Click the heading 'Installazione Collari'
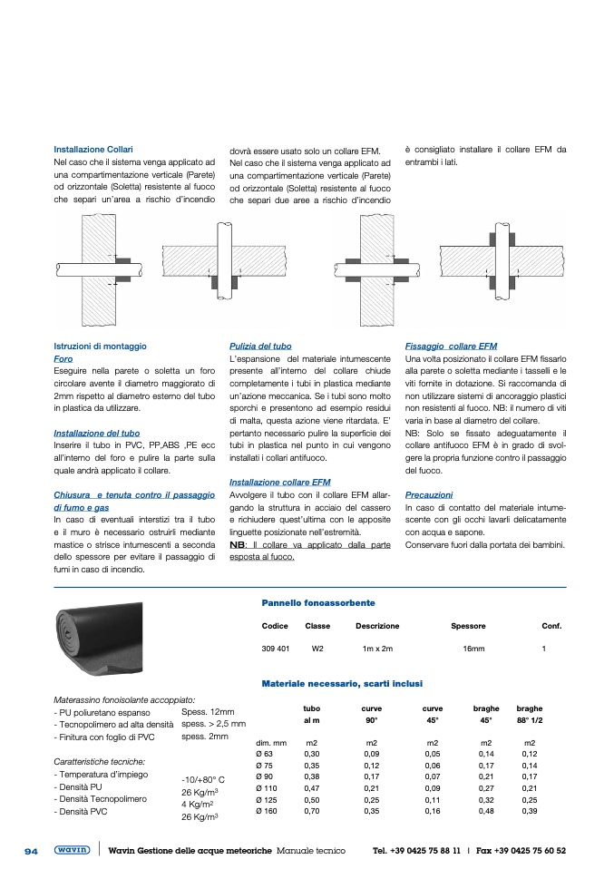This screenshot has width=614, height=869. tap(93, 149)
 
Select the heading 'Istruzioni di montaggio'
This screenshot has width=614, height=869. tap(100, 347)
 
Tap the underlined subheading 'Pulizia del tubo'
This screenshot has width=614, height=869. tap(261, 347)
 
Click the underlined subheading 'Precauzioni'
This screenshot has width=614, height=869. tap(428, 495)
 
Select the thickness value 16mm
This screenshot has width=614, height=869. tap(473, 649)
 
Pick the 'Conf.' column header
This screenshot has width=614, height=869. tap(551, 626)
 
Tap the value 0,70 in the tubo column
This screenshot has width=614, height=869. tap(312, 810)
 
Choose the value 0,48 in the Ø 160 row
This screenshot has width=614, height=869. tap(487, 810)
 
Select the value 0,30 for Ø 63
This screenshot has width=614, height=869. tap(312, 753)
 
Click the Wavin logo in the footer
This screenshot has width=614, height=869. tap(72, 850)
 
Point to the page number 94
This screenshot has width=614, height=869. tap(31, 851)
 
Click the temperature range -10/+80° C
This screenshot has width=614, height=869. tap(203, 779)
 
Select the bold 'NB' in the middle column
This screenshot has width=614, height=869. tap(238, 544)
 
